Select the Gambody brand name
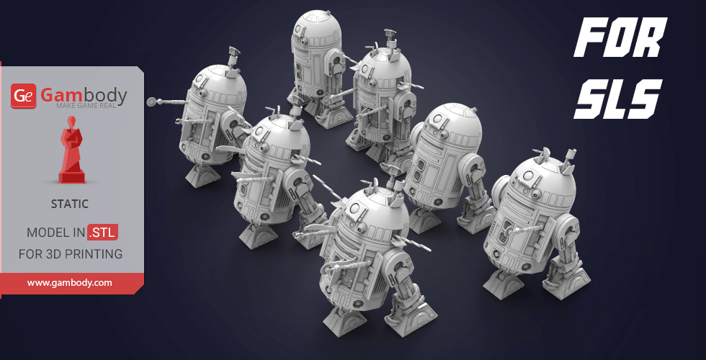tap(83, 94)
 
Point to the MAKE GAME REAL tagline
tap(91, 107)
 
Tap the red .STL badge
tap(102, 233)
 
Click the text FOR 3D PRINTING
tap(70, 254)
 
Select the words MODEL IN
tap(55, 233)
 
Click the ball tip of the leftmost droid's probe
tap(151, 102)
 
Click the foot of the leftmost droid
tap(199, 174)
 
